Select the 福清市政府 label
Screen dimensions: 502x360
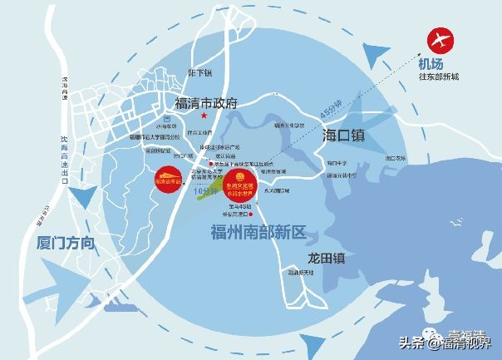click(x=206, y=104)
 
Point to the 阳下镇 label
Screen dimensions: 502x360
click(x=201, y=73)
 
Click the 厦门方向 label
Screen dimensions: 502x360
click(x=67, y=244)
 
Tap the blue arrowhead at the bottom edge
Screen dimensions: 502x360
click(x=310, y=341)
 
